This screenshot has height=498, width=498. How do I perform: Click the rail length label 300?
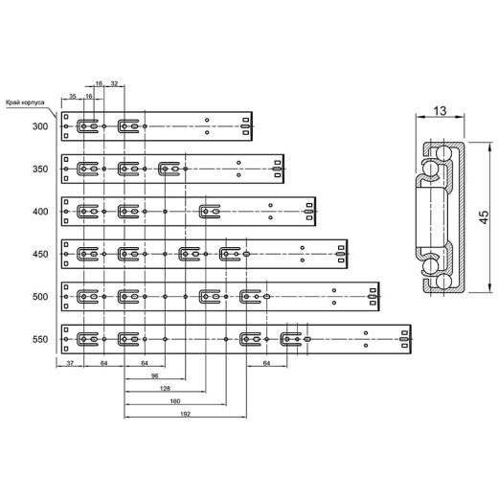pos(40,126)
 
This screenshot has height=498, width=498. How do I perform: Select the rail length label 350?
pos(40,169)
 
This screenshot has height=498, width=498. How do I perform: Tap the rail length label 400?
pos(40,212)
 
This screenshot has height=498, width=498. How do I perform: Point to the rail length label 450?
pos(40,254)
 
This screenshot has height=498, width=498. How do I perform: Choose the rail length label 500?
pos(40,297)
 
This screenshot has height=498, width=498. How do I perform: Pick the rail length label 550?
pos(40,339)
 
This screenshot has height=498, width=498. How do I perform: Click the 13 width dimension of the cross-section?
pos(440,111)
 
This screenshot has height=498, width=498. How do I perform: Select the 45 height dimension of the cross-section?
pos(484,217)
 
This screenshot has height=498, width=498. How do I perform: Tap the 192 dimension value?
pos(185,414)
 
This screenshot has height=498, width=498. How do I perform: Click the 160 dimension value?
pos(175,401)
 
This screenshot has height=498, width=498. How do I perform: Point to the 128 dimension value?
pos(165,389)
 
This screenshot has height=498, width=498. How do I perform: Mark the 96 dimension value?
pos(154,376)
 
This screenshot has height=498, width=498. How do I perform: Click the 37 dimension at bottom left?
pos(70,363)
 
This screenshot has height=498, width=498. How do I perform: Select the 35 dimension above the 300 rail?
pos(73,96)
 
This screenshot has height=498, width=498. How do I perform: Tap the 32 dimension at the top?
pos(114,83)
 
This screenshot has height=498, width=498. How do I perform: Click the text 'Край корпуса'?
pos(25,102)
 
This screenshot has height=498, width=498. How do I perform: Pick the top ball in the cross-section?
pos(443,153)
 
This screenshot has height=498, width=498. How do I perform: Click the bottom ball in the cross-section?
pos(443,282)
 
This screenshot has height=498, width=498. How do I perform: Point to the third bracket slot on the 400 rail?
pos(210,212)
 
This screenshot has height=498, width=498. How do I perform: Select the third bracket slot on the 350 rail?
pos(170,169)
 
